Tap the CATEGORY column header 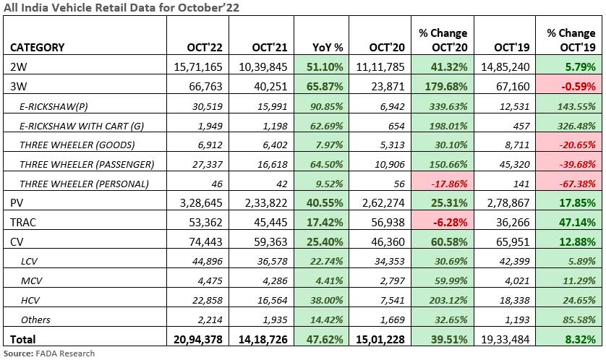click(38, 47)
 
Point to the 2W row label click(18, 67)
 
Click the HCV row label click(30, 299)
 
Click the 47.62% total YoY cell click(324, 338)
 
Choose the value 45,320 click(516, 163)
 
